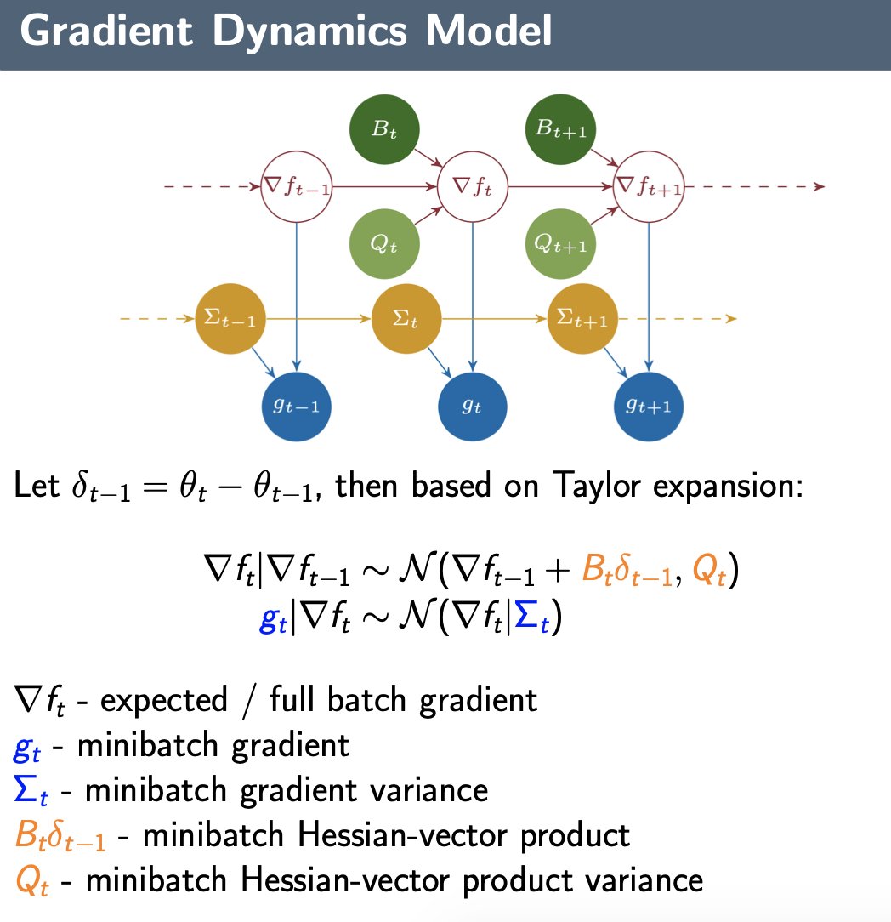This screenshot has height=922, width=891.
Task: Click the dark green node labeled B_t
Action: click(384, 130)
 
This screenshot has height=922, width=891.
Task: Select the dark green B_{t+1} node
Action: click(561, 130)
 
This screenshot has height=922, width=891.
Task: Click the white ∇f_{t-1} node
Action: click(296, 186)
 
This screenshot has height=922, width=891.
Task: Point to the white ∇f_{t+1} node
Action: click(649, 186)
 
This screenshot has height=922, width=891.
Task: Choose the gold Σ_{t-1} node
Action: click(230, 320)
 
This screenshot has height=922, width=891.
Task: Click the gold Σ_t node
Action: click(406, 320)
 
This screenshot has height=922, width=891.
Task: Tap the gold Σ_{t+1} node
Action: click(582, 320)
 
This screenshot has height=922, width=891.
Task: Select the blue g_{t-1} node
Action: click(296, 407)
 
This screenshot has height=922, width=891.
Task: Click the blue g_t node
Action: click(472, 407)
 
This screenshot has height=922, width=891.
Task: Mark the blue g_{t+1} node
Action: click(649, 407)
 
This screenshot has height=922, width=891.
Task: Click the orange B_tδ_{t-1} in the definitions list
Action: click(60, 835)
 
